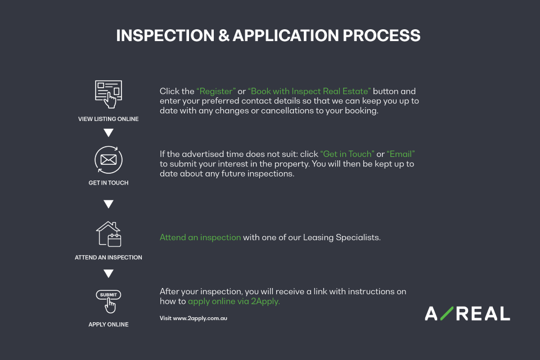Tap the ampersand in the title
(x=224, y=35)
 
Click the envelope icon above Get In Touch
(x=109, y=160)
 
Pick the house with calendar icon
(x=109, y=234)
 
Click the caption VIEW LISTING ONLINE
(x=109, y=119)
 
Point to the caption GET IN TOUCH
(x=109, y=183)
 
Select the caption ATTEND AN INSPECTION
(x=109, y=258)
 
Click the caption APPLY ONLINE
(x=109, y=325)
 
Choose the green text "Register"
(x=216, y=91)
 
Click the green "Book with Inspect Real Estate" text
(x=309, y=91)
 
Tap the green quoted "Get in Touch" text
(x=347, y=154)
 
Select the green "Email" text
(x=400, y=154)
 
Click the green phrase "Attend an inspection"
(x=200, y=237)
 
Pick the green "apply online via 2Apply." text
(x=233, y=301)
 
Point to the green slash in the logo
(x=446, y=313)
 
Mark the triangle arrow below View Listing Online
(x=109, y=133)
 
